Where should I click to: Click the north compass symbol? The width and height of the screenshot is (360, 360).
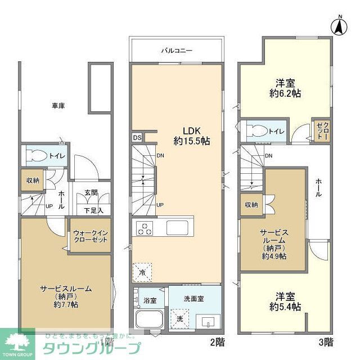339,25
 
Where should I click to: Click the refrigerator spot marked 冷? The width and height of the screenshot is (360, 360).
143,273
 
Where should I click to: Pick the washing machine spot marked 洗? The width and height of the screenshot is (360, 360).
180,318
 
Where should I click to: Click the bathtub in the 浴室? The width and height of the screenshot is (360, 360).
149,321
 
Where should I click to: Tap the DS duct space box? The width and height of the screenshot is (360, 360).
137,137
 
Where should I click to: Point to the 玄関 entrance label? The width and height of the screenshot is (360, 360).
91,192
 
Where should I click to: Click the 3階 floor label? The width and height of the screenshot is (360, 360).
326,341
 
